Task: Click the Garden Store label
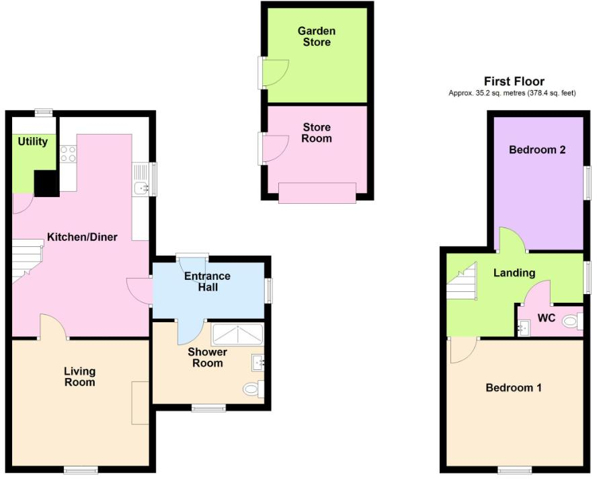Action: (317, 37)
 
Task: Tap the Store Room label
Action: (317, 133)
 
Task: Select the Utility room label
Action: (33, 141)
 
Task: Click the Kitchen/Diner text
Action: (82, 237)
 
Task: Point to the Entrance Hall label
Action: (208, 282)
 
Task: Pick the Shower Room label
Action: (207, 357)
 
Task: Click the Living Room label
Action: (79, 376)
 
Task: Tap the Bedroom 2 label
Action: (536, 149)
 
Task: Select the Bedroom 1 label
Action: (514, 388)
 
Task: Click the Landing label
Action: (514, 272)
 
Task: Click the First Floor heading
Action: (514, 81)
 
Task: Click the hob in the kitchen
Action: (67, 154)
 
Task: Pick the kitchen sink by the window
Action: (141, 188)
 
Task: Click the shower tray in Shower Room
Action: (238, 334)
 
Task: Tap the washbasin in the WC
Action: (524, 328)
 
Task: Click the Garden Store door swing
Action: (275, 73)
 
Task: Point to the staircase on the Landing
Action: (461, 283)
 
